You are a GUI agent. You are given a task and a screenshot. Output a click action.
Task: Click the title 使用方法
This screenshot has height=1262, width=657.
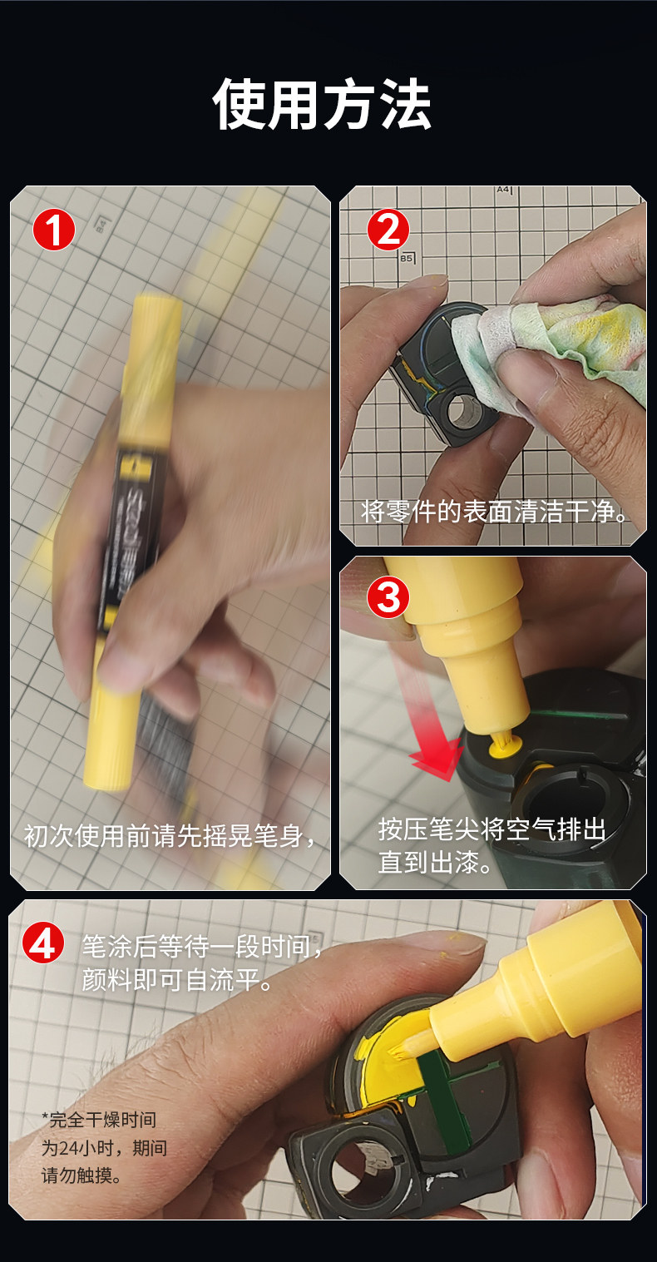point(322,104)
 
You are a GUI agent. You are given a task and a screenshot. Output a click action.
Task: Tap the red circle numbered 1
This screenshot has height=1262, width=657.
point(53,230)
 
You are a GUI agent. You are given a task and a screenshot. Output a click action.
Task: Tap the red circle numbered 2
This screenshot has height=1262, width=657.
point(388,230)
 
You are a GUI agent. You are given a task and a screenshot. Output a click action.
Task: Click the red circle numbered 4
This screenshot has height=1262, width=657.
point(43,944)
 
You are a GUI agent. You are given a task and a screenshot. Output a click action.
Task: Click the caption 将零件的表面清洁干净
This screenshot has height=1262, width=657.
point(493,512)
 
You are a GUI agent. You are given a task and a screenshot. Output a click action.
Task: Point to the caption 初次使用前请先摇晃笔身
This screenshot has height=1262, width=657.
point(170,835)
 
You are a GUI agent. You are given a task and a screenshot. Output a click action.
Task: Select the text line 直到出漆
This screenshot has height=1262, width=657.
point(436,862)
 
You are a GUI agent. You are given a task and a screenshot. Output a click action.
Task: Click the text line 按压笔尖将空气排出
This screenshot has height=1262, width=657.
point(492,829)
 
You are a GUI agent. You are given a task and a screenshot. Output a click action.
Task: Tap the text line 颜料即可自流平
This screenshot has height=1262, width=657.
point(177,980)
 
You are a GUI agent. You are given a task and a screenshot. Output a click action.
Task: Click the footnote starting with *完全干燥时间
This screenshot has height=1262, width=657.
point(104,1148)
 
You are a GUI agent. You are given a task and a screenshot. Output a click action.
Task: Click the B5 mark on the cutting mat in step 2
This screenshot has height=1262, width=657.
point(407,258)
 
